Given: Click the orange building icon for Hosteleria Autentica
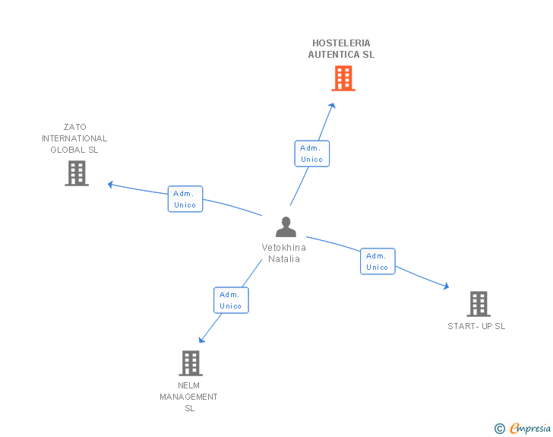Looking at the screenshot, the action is [343, 78].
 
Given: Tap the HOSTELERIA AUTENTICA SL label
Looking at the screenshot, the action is [341, 49].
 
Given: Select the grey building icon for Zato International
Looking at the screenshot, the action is [77, 173].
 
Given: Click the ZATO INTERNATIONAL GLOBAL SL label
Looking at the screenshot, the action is [74, 138].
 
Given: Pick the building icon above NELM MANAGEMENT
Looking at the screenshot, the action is [191, 363].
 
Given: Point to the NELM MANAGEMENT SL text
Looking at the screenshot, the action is [188, 397].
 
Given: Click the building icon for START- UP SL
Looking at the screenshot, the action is [479, 304].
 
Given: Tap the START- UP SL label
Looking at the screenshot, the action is [476, 326].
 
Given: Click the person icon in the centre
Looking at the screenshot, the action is [286, 227].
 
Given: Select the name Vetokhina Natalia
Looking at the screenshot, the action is [284, 253].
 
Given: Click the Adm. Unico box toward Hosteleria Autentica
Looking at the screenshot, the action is [312, 154].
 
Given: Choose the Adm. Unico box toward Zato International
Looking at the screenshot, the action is [185, 198].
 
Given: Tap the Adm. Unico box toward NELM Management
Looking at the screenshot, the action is [232, 300].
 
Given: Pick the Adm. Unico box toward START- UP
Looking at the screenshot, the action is [378, 261].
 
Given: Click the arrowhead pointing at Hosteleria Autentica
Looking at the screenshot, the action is [332, 105].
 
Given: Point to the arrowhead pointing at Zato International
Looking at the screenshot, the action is [110, 184].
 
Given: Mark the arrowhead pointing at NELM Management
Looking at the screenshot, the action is [201, 340].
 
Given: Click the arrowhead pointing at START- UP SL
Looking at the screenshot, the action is [446, 286].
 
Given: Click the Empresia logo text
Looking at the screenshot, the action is [530, 428].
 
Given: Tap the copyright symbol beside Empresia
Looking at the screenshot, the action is [500, 429].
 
